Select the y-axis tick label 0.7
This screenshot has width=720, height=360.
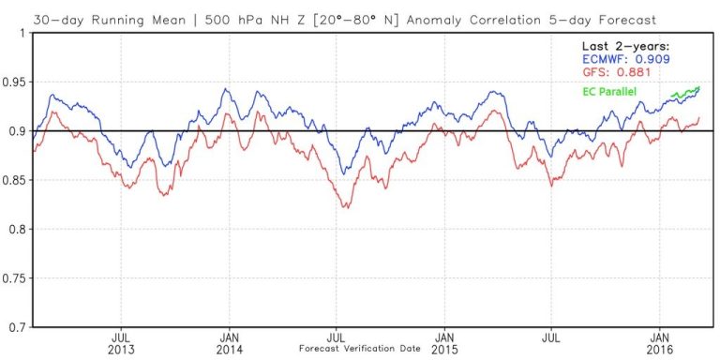click(18, 327)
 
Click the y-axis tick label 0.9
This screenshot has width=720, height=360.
click(18, 131)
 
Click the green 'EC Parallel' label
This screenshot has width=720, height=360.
click(606, 90)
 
